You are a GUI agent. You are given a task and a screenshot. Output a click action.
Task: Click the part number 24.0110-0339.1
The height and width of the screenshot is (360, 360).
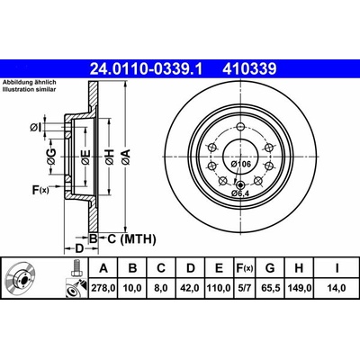point(147,69)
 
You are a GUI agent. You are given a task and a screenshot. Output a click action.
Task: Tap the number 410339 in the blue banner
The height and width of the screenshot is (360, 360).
point(249,69)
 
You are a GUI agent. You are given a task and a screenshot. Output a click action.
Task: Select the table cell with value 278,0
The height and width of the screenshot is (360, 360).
point(103,288)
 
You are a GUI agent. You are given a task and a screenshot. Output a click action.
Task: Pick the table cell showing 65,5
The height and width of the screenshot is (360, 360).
point(270,288)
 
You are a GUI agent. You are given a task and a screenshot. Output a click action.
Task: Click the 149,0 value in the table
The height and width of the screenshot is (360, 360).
point(299,288)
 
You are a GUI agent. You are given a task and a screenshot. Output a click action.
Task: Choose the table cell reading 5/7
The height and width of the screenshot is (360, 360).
point(244,288)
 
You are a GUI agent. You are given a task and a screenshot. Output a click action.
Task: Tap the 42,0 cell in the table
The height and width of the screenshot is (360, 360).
point(191,288)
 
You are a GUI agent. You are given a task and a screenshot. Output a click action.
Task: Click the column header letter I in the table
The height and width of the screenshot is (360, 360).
point(337,268)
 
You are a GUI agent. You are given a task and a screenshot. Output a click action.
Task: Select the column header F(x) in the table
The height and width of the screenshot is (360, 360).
point(244,268)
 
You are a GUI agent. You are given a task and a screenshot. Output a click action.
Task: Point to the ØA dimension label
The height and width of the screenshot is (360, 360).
point(126,157)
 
